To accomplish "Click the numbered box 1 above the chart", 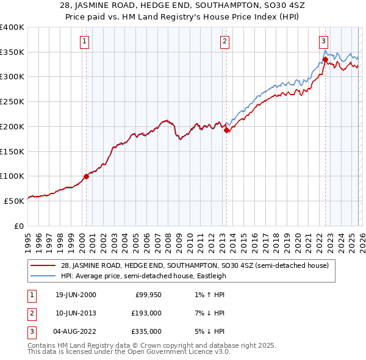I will pos(84,41).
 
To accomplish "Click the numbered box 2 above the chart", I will pos(224,41).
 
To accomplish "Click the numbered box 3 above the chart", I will pos(323,41).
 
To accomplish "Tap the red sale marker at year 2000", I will pos(86,176).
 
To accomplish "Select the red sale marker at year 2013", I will pos(226,130).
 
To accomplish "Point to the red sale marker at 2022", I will pos(325,60).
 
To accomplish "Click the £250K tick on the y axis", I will pos(12,101).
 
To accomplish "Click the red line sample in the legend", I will pos(43,265).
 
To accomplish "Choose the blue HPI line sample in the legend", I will pos(43,276).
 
